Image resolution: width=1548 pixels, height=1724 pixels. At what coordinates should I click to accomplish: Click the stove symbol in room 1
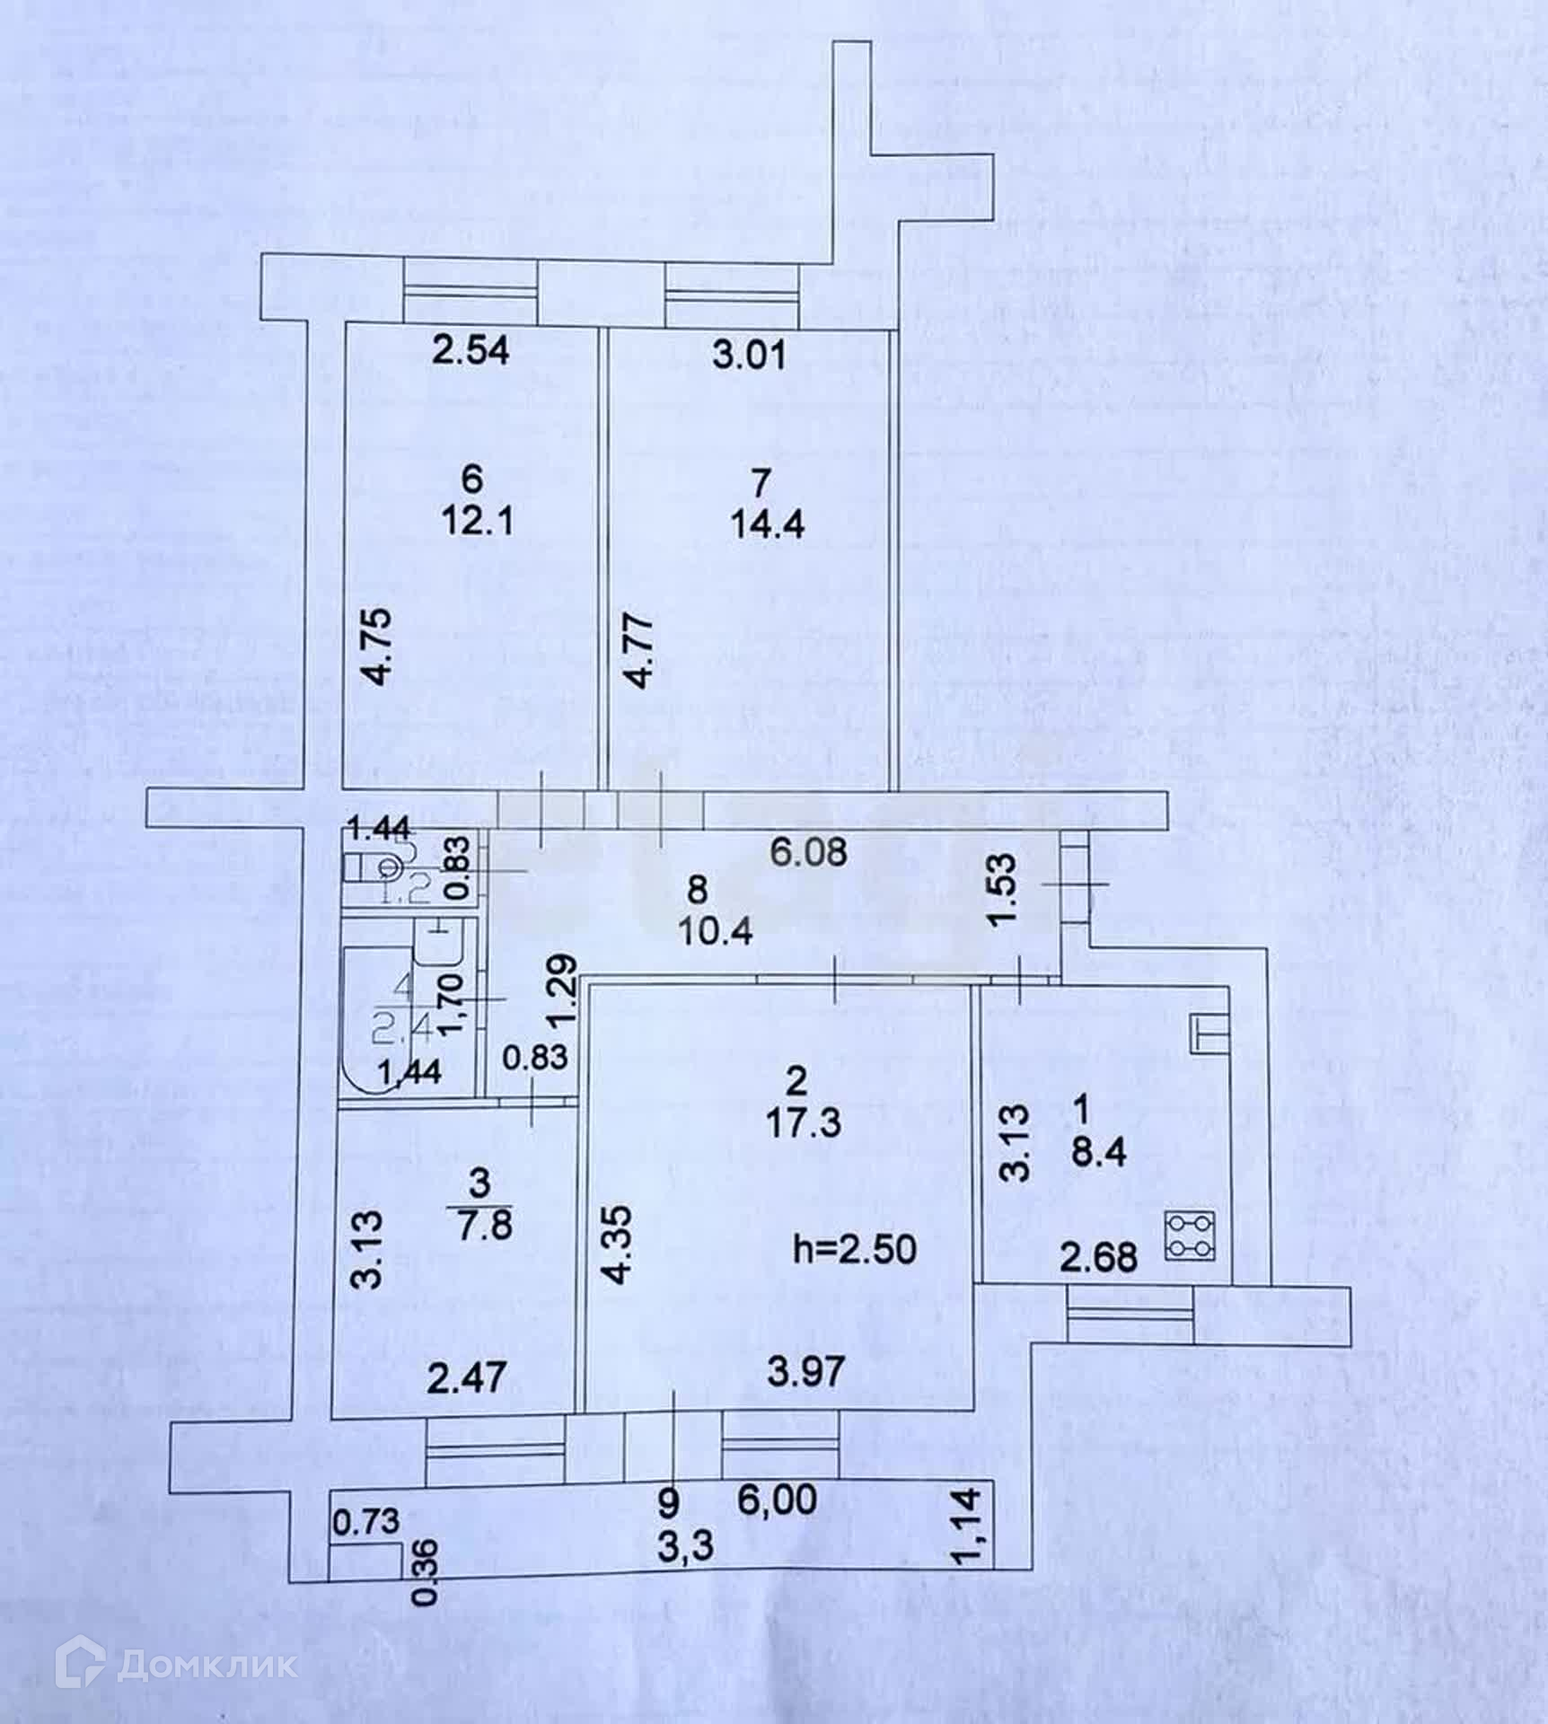tap(1191, 1236)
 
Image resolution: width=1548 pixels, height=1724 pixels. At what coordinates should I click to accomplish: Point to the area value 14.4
tap(767, 523)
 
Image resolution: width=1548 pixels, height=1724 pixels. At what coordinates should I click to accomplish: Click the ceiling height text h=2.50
tap(856, 1249)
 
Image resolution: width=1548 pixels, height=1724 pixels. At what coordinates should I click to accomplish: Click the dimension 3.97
tap(805, 1371)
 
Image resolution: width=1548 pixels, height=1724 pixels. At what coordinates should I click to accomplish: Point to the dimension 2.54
tap(470, 351)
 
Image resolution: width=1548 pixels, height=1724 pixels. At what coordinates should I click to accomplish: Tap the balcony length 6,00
tap(778, 1499)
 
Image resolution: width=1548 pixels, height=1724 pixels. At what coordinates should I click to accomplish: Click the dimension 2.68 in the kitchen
tap(1098, 1257)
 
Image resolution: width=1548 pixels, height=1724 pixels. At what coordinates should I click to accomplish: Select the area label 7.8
tap(482, 1224)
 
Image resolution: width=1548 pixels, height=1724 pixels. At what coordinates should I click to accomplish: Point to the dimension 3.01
tap(749, 354)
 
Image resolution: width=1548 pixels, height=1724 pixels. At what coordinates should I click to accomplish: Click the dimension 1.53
tap(1005, 890)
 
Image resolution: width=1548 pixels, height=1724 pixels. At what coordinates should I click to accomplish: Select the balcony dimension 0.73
tap(366, 1521)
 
